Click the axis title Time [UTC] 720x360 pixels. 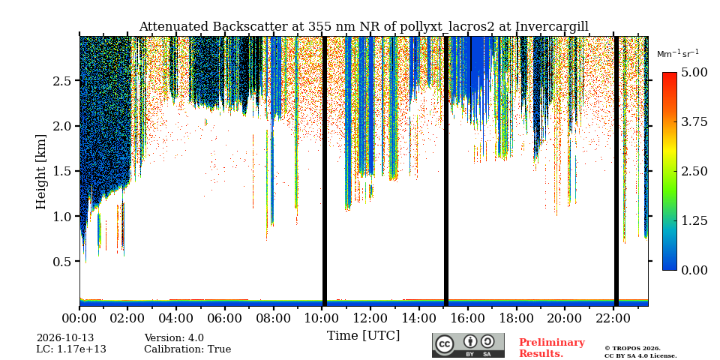[363, 336]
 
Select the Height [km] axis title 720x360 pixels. [41, 172]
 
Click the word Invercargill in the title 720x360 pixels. [552, 27]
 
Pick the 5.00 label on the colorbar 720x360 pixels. [694, 73]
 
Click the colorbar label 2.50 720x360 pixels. [694, 171]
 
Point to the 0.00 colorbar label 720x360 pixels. [694, 270]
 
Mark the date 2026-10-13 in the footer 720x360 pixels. [65, 338]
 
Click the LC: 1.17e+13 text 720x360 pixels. [71, 349]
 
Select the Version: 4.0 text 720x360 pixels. [174, 338]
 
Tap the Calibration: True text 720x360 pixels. [187, 349]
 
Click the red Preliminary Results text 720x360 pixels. [552, 348]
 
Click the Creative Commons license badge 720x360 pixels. [468, 345]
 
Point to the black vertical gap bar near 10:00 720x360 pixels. [325, 171]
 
